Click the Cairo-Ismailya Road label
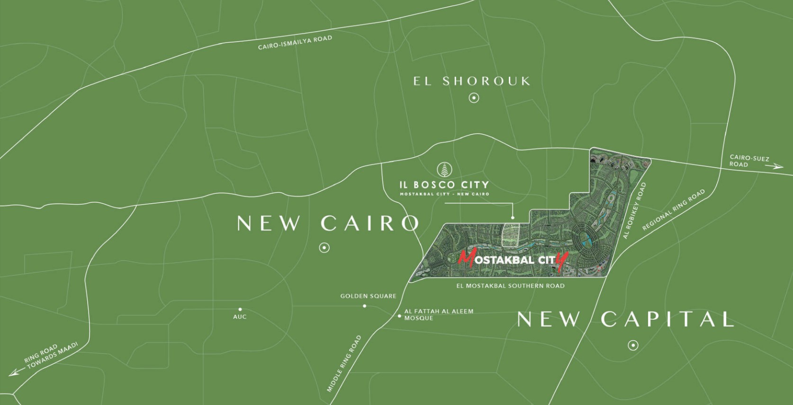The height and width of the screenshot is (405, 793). tap(295, 43)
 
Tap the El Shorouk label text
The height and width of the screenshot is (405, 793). tap(472, 81)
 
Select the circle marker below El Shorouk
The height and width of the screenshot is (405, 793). tap(474, 98)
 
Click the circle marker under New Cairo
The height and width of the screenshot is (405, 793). tap(324, 247)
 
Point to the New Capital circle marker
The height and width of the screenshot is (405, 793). tap(633, 345)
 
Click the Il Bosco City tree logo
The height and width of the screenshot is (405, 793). tap(444, 169)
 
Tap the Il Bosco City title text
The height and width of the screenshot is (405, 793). tap(444, 185)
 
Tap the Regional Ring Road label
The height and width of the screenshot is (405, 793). tap(674, 210)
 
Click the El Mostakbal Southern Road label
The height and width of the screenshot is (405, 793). tap(510, 286)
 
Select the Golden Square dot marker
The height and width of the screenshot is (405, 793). tap(364, 306)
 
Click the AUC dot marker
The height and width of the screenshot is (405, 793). tap(240, 309)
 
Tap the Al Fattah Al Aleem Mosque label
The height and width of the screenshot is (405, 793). tap(438, 315)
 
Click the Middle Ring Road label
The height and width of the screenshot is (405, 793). tap(344, 364)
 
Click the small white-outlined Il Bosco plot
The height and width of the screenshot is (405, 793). tap(511, 234)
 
